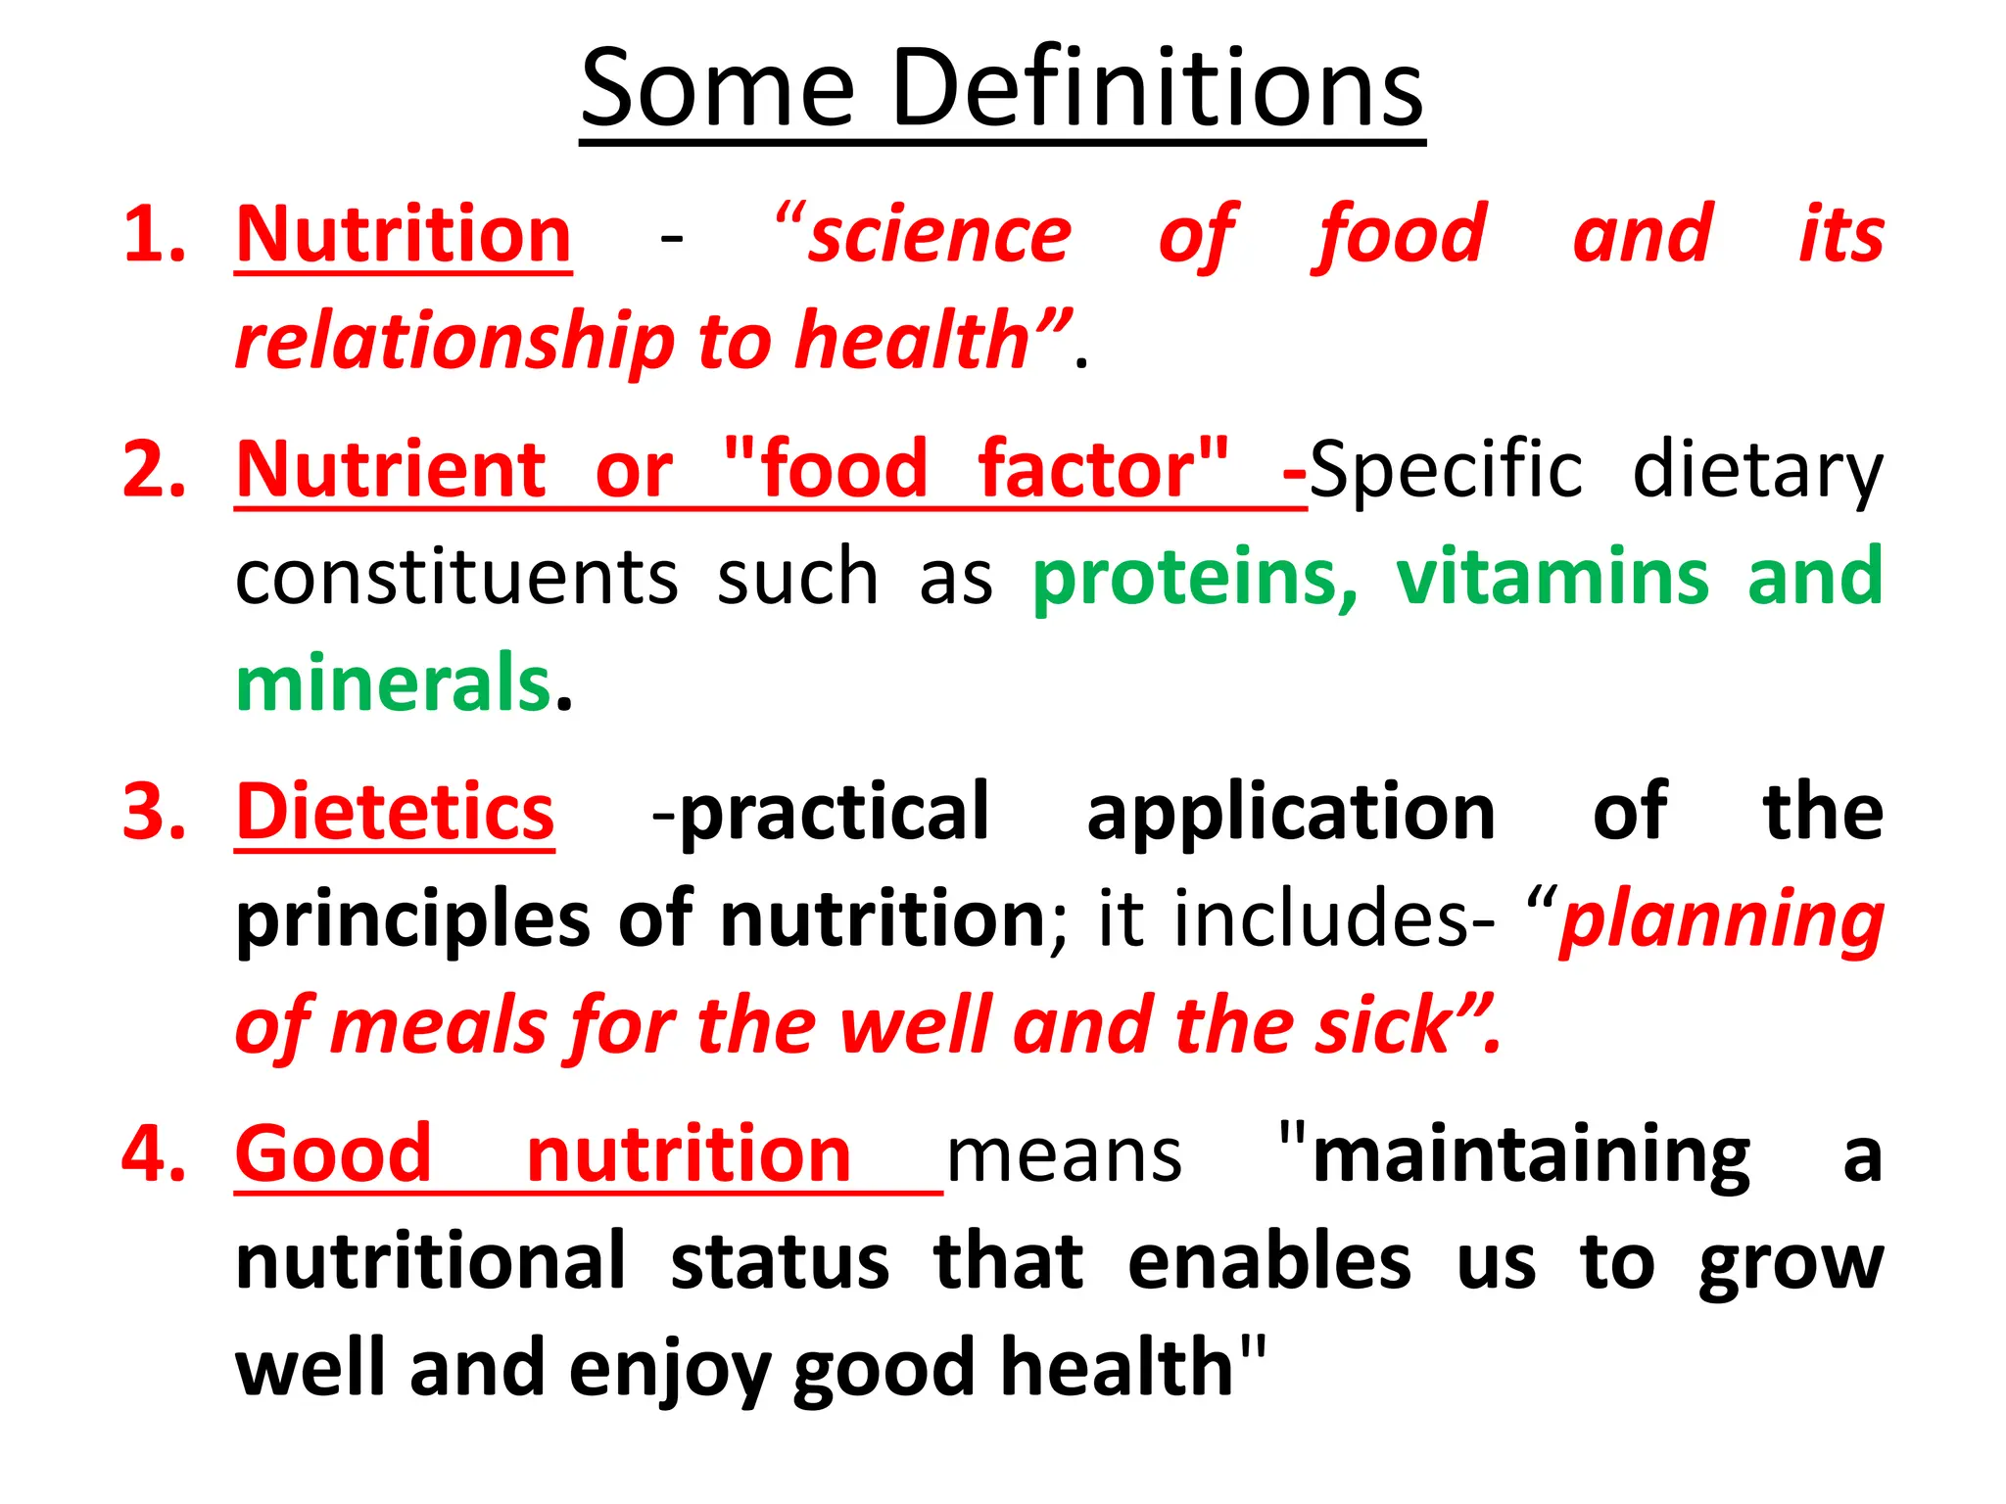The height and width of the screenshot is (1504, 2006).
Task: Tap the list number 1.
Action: (x=154, y=235)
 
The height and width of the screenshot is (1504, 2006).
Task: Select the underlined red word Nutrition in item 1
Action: (x=404, y=235)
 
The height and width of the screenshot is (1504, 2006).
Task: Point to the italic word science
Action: (x=938, y=235)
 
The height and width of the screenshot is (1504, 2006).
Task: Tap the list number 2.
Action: (x=154, y=470)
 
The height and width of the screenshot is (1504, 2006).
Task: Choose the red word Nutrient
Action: (x=391, y=470)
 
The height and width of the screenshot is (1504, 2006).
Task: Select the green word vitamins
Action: (x=1552, y=578)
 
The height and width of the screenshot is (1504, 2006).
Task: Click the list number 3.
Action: (x=154, y=813)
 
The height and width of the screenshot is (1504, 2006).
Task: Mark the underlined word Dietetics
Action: (x=395, y=813)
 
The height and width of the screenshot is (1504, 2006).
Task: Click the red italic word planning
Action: (x=1721, y=920)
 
